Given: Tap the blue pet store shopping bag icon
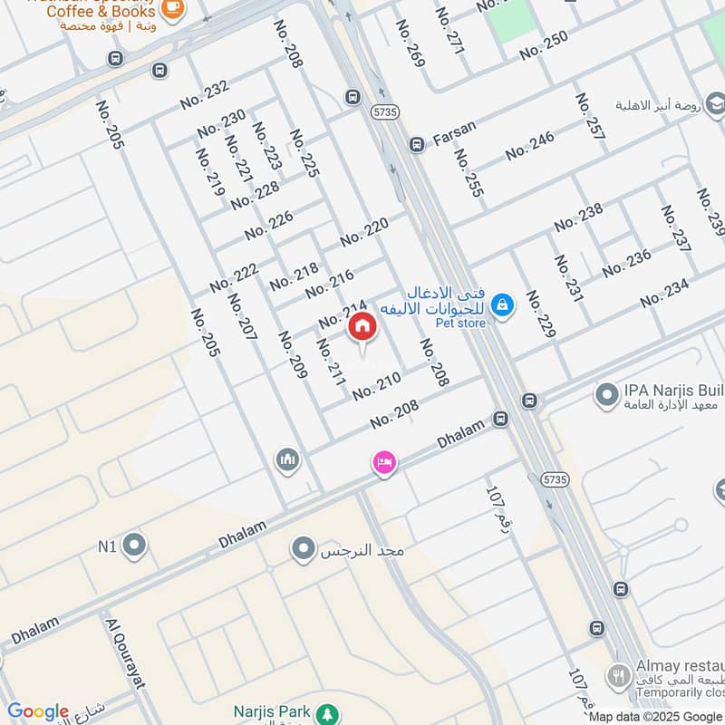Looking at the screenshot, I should (x=504, y=305).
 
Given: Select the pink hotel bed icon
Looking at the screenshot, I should (x=384, y=463).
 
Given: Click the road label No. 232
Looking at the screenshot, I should (x=204, y=94).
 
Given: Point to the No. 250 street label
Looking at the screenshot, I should (x=544, y=44).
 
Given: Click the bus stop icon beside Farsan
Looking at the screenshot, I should (x=417, y=143).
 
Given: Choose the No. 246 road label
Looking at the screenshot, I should (x=530, y=145).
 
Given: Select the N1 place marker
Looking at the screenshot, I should (x=135, y=546).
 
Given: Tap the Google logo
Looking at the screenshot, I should (x=38, y=711).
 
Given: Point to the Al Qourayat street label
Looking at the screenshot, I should (x=126, y=653).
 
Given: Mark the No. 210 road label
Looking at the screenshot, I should (x=376, y=387).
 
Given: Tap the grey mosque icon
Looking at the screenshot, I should (x=287, y=460).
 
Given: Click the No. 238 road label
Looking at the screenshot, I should (x=578, y=217).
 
